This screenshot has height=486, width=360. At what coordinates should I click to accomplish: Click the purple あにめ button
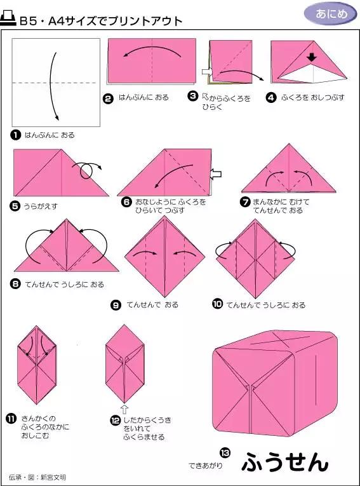point(330,13)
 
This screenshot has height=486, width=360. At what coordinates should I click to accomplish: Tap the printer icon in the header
point(10,20)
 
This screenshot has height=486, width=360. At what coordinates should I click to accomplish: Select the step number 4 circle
point(271,98)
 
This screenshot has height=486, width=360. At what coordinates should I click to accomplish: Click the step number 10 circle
point(217,304)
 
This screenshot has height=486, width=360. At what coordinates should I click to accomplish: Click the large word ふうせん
point(285,462)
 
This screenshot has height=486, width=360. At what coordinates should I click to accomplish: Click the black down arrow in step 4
point(311,58)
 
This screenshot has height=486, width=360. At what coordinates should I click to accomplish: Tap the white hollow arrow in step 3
point(206,71)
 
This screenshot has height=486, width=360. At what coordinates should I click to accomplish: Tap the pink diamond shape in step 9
point(164,256)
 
